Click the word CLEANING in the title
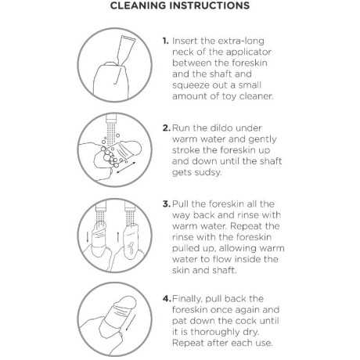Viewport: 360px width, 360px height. click(x=139, y=5)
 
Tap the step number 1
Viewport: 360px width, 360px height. click(x=165, y=41)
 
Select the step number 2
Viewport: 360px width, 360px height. click(x=167, y=128)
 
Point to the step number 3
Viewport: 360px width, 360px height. click(x=167, y=204)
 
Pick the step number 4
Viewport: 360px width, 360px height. click(x=167, y=299)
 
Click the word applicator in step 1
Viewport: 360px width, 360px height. click(x=248, y=52)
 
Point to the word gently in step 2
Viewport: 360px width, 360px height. click(x=262, y=140)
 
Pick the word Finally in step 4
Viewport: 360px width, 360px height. click(x=187, y=299)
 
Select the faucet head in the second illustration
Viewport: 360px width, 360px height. click(x=111, y=119)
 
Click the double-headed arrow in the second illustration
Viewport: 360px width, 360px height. click(x=126, y=167)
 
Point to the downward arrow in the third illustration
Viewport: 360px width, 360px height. click(x=88, y=236)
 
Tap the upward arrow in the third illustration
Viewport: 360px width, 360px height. click(x=118, y=236)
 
